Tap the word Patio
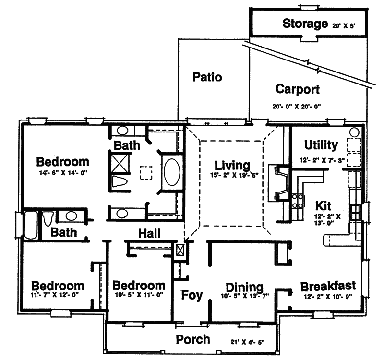point(207,77)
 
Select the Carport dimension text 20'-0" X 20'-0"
point(297,106)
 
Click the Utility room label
point(321,144)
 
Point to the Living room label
point(232,166)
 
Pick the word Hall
point(149,233)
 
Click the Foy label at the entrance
point(192,294)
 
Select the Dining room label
point(244,287)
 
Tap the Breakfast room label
point(328,287)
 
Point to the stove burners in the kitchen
point(297,201)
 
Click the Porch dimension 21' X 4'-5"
point(247,342)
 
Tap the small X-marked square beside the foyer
point(181,251)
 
